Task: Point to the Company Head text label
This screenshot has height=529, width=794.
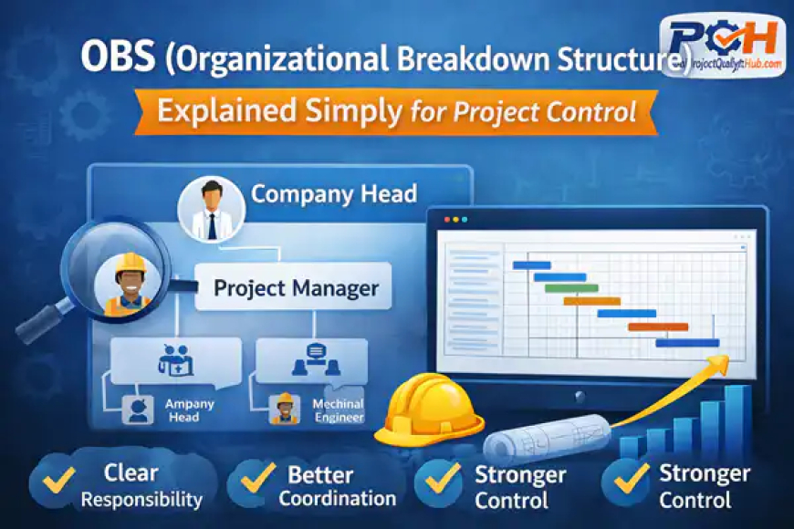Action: point(334,193)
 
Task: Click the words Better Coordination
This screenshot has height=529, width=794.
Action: point(337,486)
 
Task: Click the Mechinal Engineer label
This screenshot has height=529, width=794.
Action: point(339,410)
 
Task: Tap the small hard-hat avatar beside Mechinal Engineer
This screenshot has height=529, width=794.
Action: point(286,409)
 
